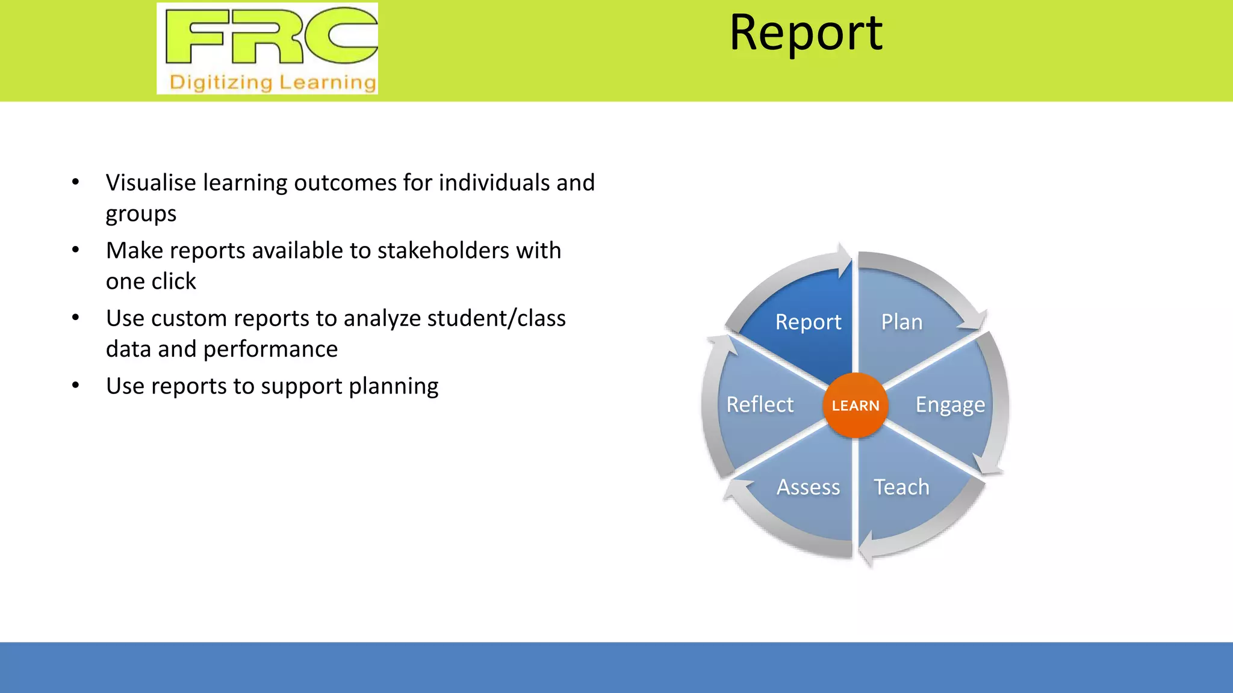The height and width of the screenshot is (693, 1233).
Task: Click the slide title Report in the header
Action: tap(806, 33)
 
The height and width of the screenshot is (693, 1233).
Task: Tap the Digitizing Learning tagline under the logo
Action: tap(273, 82)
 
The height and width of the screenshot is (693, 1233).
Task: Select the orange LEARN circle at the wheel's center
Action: tap(855, 405)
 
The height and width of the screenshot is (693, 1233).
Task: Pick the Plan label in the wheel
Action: tap(901, 322)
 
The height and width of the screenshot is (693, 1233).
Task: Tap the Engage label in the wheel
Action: tap(950, 405)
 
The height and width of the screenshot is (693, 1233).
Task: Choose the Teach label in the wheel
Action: tap(901, 487)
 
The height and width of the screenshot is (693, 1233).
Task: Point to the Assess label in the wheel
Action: tap(808, 487)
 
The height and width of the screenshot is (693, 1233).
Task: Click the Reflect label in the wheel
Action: tap(760, 405)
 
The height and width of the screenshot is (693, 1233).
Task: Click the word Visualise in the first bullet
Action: tap(151, 183)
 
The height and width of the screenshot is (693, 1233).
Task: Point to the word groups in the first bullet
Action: tap(141, 214)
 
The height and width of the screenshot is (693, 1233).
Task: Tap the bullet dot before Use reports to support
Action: tap(75, 386)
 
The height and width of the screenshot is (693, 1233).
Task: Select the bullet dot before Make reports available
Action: tap(75, 250)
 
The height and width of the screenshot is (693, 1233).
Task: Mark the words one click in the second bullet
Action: tap(151, 282)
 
